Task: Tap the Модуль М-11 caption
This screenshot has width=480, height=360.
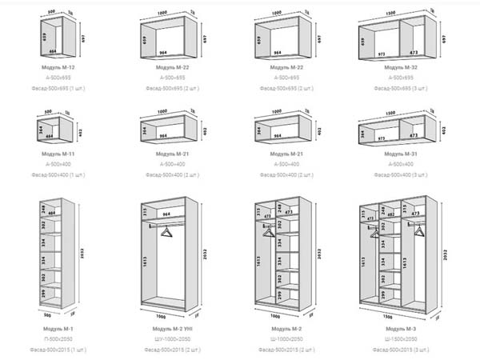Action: tap(58, 152)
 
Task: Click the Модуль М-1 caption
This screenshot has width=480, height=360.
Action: tap(58, 328)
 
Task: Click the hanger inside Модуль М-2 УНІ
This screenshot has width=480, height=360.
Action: tap(166, 231)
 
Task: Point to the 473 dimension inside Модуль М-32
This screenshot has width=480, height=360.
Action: tap(415, 54)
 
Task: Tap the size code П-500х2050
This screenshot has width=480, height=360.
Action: tap(58, 339)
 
